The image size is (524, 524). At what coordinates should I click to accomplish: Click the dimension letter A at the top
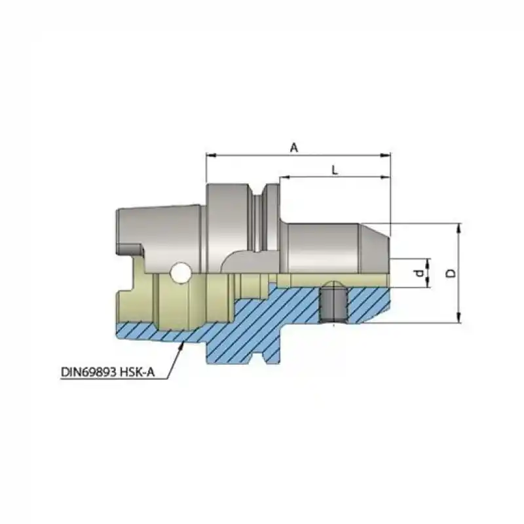[294, 148]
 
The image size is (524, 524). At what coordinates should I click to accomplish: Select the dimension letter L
[335, 170]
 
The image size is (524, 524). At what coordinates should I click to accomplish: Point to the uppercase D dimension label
[450, 272]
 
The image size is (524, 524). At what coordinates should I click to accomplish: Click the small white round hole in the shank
[179, 272]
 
